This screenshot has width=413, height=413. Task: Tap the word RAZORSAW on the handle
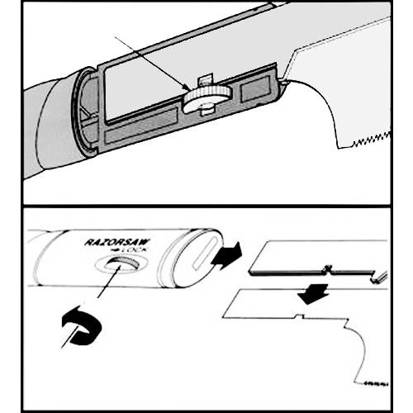[x=117, y=243]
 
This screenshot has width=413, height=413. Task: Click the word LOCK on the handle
[x=135, y=250]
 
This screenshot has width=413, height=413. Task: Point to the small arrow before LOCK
[x=115, y=250]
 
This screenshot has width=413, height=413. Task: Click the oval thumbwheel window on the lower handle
[x=121, y=266]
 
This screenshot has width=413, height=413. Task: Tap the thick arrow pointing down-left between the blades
[x=313, y=294]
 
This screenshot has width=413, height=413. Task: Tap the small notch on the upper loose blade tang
[x=328, y=269]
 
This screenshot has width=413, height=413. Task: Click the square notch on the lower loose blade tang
[x=299, y=316]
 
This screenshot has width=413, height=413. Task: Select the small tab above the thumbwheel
[x=205, y=80]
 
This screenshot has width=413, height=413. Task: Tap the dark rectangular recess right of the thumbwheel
[x=255, y=88]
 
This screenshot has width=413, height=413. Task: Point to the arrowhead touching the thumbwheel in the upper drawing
[x=187, y=88]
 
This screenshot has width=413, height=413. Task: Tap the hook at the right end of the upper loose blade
[x=379, y=277]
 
